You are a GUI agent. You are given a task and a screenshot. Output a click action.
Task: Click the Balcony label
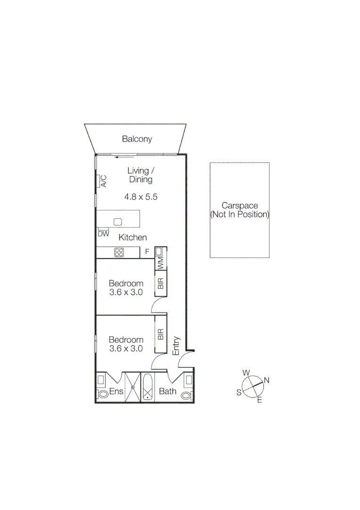(137, 139)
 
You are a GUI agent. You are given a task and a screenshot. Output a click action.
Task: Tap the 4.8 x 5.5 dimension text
(141, 196)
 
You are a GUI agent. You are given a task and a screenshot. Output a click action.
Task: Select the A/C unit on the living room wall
(100, 181)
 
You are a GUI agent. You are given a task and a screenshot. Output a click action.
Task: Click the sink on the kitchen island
(118, 221)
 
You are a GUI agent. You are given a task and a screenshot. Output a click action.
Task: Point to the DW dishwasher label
(103, 234)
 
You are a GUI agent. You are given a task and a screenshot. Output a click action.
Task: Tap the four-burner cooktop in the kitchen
(118, 253)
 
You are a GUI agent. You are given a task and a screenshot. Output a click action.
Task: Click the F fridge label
(147, 252)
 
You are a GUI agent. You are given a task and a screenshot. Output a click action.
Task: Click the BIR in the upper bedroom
(160, 283)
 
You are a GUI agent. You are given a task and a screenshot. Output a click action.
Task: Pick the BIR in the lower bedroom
(160, 335)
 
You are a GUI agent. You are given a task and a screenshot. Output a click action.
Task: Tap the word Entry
(176, 346)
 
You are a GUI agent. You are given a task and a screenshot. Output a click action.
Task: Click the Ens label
(116, 391)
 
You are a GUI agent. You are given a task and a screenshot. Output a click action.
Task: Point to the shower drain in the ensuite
(133, 388)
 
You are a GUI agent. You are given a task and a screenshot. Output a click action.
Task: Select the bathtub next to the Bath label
(148, 387)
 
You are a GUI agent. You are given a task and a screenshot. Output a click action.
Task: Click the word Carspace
(240, 206)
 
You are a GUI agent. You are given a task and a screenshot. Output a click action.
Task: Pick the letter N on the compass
(267, 380)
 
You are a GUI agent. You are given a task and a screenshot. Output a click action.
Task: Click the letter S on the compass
(239, 392)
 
